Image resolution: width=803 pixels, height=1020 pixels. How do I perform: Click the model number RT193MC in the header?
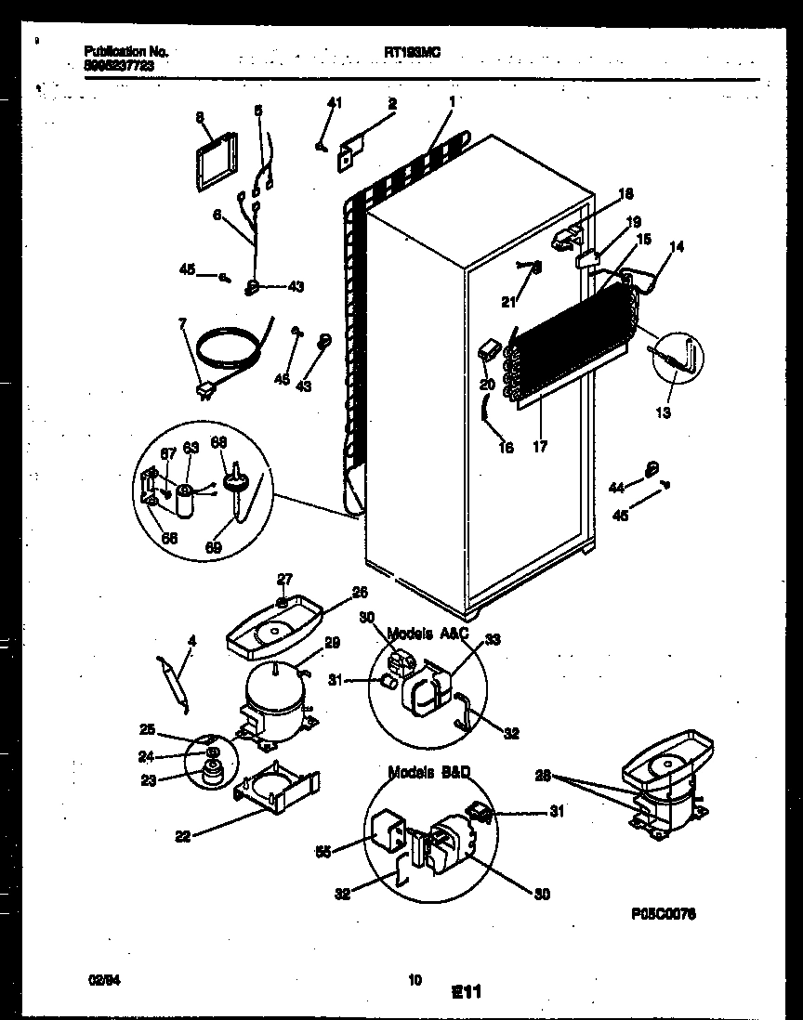tap(412, 53)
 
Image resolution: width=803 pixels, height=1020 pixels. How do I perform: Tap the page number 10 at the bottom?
tap(415, 977)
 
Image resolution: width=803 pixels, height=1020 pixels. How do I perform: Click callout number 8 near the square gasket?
tap(199, 117)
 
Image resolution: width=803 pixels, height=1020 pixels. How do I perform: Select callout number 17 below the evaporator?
tap(540, 447)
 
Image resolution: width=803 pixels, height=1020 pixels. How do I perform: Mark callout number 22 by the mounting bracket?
tap(182, 835)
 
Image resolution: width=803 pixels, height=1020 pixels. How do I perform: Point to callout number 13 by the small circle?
tap(663, 412)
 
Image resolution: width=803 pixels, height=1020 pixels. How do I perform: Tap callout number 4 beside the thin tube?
tap(191, 640)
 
